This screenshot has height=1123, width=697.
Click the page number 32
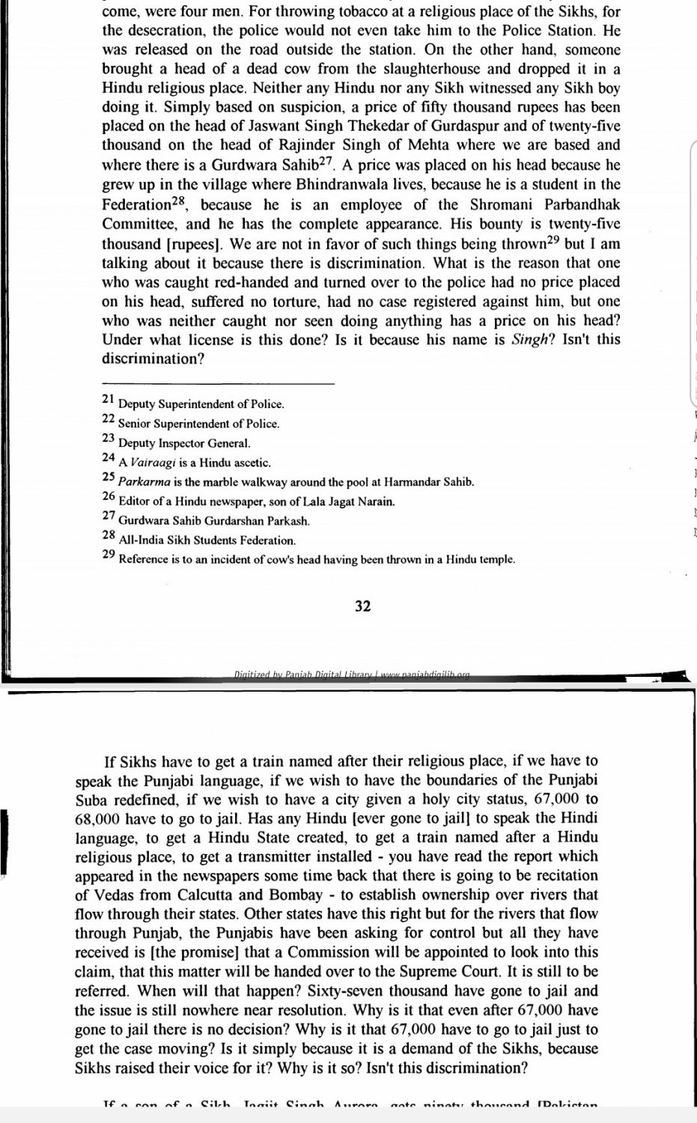pyautogui.click(x=362, y=606)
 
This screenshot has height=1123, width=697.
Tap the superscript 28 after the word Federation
pyautogui.click(x=181, y=200)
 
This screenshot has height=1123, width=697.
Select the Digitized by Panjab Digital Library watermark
pyautogui.click(x=352, y=675)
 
